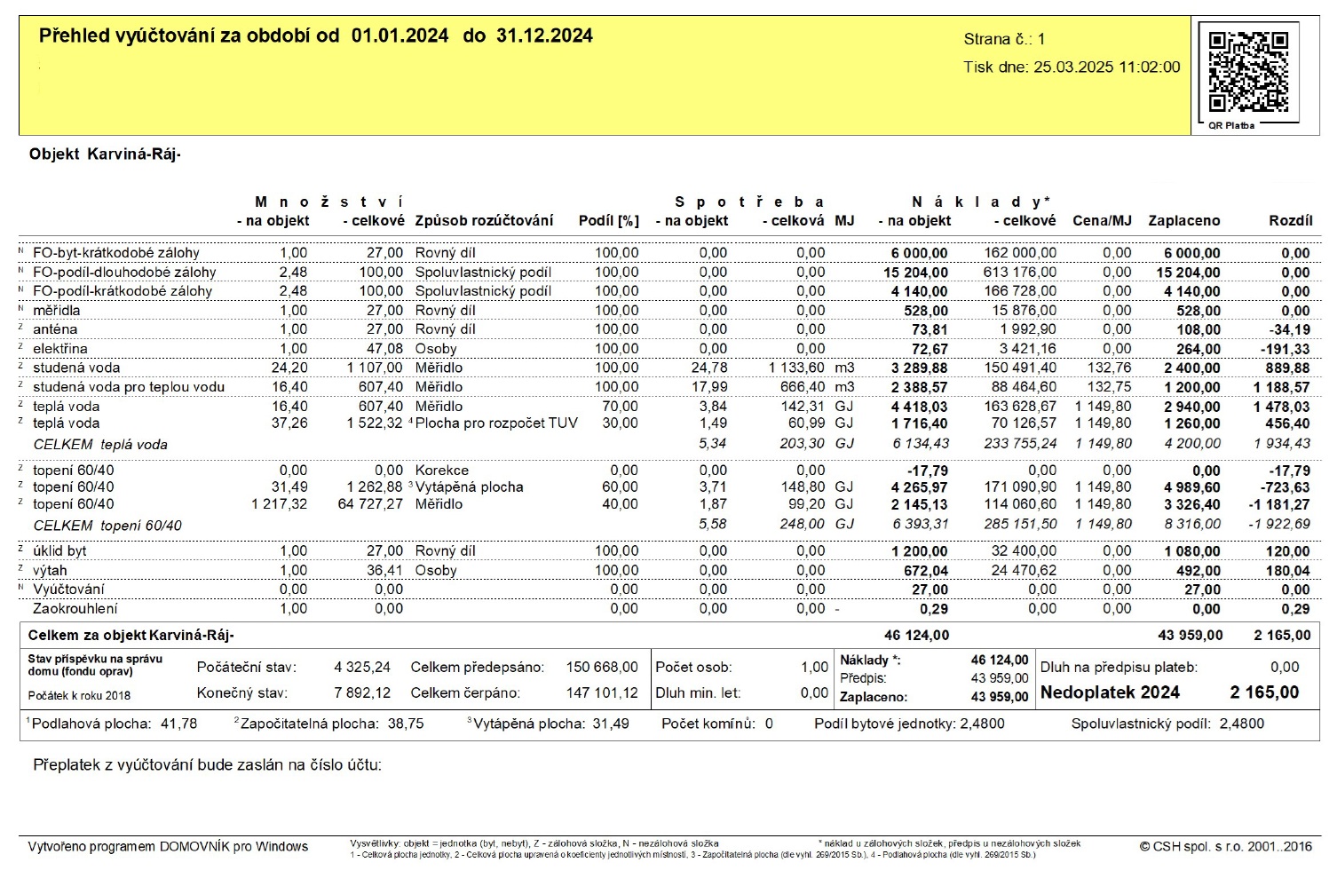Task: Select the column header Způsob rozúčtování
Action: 484,220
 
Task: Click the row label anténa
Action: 55,329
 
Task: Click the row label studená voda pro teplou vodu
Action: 129,387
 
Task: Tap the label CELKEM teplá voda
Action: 100,444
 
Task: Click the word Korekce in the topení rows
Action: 441,470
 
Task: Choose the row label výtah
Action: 50,570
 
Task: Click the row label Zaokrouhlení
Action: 75,609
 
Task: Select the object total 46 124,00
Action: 916,635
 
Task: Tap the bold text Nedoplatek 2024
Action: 1110,692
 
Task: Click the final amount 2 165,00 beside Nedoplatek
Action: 1264,692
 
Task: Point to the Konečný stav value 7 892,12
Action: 362,692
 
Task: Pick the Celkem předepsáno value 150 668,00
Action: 602,667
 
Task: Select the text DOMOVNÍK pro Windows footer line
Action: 168,846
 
